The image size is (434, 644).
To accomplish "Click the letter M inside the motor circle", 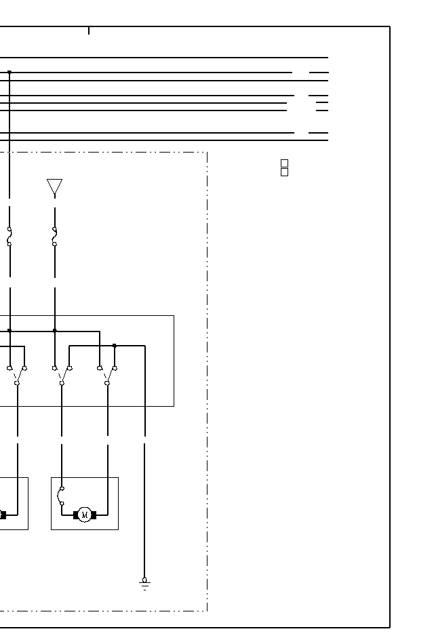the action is [85, 515].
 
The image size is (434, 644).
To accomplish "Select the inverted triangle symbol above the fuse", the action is [54, 186].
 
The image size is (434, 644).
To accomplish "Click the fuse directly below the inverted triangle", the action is [54, 237].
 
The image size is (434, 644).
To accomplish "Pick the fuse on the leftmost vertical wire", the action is [9, 237].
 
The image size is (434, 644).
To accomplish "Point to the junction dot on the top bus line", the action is [9, 72].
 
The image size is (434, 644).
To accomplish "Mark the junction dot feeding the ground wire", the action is [115, 346].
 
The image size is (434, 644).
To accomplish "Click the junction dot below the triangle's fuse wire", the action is [55, 331].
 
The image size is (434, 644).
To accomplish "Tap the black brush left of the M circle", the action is [76, 515].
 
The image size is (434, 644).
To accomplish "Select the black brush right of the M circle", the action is [94, 515].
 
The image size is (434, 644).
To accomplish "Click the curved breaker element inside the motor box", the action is [62, 496].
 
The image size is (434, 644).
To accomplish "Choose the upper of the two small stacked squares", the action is [284, 163].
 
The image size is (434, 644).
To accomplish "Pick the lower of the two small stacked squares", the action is [284, 172].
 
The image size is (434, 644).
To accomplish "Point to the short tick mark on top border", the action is [89, 30].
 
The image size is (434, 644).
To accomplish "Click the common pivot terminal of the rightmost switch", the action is [107, 383].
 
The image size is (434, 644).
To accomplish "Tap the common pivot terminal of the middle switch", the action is [62, 383].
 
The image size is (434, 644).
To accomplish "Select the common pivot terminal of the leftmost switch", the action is [17, 383].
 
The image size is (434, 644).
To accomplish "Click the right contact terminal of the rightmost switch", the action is [115, 368].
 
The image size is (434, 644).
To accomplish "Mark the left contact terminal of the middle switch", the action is [54, 368].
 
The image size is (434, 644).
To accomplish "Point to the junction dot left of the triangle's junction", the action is [9, 331].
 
